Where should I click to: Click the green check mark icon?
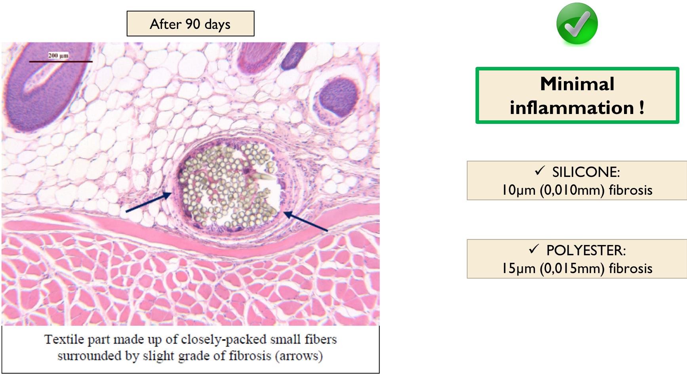coord(577,23)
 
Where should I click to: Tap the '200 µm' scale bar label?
coord(59,55)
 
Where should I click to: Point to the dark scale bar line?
coord(61,61)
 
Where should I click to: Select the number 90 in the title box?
coord(193,24)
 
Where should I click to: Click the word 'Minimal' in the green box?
coord(577,84)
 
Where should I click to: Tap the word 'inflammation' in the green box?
coord(572,108)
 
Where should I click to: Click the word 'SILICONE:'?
coord(586,172)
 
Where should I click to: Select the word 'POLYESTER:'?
coord(586,251)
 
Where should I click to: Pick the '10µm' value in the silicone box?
coord(519,190)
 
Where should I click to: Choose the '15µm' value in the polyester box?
coord(519,268)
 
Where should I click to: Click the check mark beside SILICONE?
coord(540,171)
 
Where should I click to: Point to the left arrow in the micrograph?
coord(149,202)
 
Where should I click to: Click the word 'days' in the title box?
coord(217,25)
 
